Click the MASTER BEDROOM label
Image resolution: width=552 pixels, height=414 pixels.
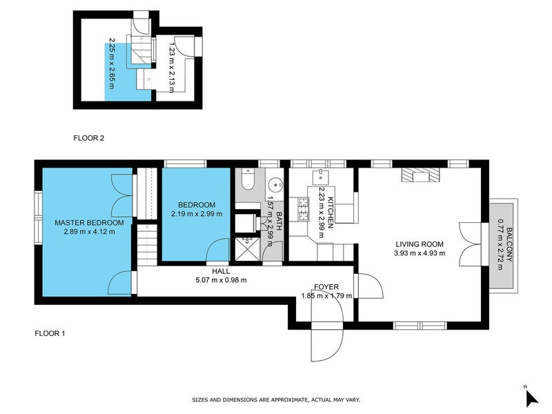(x=89, y=223)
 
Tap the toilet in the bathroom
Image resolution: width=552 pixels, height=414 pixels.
(x=248, y=181)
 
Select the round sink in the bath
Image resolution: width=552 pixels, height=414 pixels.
(x=275, y=185)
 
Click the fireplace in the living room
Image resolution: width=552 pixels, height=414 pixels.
(x=419, y=175)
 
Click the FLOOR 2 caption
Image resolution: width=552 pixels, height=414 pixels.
(x=88, y=138)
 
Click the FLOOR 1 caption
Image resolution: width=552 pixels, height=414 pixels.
(x=50, y=334)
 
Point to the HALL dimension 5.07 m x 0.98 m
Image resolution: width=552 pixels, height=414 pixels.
(x=221, y=280)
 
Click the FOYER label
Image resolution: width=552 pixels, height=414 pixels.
(x=326, y=286)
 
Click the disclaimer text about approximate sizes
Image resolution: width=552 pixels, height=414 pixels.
(x=276, y=400)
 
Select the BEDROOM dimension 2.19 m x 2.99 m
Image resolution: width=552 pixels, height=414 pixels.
(x=196, y=214)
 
